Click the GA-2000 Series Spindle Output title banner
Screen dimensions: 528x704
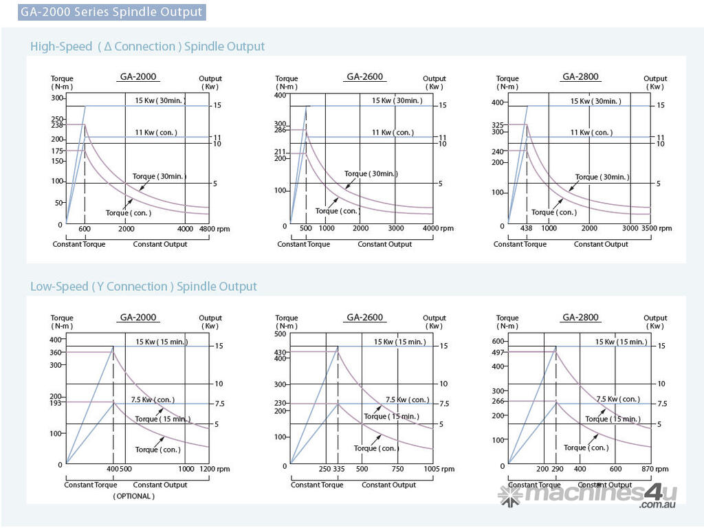(x=111, y=12)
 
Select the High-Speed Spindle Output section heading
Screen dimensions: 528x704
(x=147, y=47)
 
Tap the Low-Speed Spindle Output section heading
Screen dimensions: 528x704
(x=143, y=287)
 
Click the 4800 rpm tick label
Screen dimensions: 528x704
(x=208, y=229)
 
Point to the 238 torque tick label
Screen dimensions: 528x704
(x=57, y=125)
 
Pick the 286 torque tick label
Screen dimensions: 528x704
(x=280, y=130)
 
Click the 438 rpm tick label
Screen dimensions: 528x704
(x=526, y=228)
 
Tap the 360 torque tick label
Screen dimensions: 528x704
(x=56, y=353)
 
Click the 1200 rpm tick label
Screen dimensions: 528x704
(x=210, y=469)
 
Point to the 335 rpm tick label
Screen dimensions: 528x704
(x=338, y=469)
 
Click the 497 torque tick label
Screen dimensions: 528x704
(x=498, y=352)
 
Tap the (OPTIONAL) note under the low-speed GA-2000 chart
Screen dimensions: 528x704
(x=134, y=496)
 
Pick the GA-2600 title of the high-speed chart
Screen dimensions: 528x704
(x=365, y=77)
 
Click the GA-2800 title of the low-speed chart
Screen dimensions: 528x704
(x=581, y=318)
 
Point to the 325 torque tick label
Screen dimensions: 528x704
(x=498, y=125)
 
